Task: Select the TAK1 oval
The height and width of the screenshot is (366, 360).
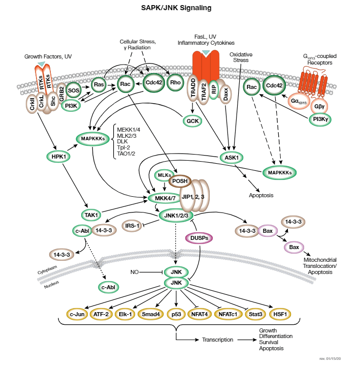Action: point(91,216)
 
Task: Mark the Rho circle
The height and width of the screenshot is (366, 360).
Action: point(175,83)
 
